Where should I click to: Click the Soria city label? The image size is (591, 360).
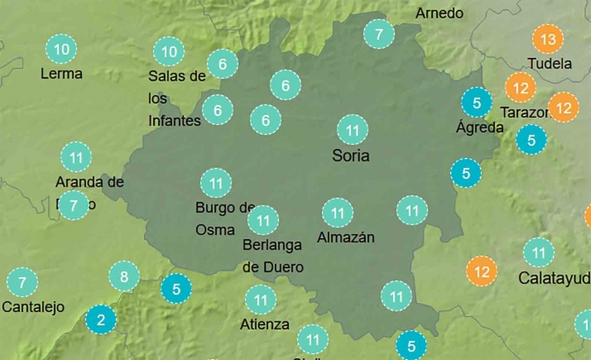click(x=350, y=156)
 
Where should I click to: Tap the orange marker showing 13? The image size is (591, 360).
click(x=547, y=39)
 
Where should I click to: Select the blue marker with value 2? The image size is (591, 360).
click(x=100, y=319)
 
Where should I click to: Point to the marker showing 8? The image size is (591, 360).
click(x=124, y=276)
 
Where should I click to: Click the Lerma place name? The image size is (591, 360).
click(x=61, y=74)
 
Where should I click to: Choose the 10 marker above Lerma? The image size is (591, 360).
click(x=61, y=50)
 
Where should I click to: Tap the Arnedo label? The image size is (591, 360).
click(x=439, y=13)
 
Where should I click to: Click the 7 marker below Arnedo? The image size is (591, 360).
click(x=379, y=34)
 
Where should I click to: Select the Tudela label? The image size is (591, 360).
click(x=549, y=64)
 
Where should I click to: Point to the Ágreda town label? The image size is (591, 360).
click(x=479, y=127)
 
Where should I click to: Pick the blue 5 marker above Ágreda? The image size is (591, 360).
click(x=476, y=102)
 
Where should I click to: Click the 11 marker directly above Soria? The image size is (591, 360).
click(x=353, y=130)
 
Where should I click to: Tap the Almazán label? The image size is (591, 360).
click(x=346, y=238)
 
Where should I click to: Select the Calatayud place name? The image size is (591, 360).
click(x=554, y=278)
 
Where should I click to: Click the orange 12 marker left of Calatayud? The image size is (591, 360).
click(x=482, y=270)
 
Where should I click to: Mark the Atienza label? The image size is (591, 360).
click(x=267, y=324)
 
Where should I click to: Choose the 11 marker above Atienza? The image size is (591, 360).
click(x=261, y=300)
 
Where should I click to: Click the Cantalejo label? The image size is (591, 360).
click(x=33, y=307)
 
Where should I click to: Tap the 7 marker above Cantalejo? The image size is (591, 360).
click(x=22, y=282)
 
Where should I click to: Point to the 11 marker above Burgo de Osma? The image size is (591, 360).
click(x=216, y=182)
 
